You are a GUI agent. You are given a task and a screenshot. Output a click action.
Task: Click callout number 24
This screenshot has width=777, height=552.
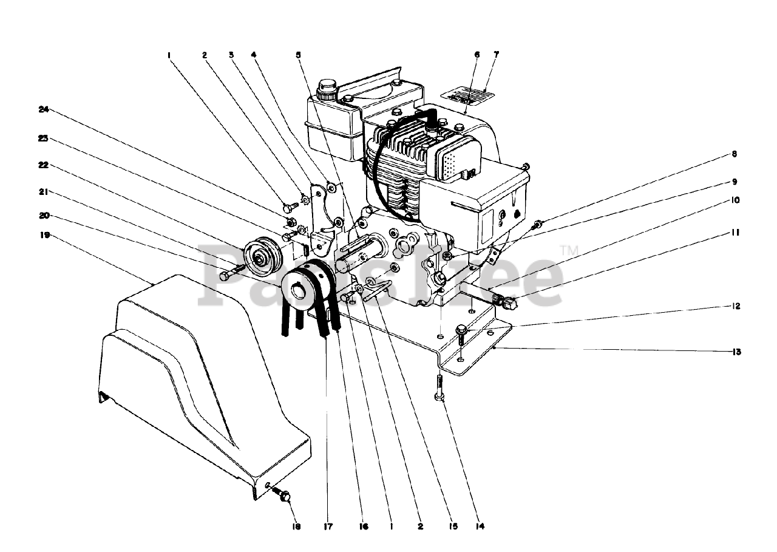tap(42, 110)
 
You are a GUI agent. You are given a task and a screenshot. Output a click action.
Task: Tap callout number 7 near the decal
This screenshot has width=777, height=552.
tap(496, 55)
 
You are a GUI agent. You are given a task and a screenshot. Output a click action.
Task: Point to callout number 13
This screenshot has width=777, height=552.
tap(736, 352)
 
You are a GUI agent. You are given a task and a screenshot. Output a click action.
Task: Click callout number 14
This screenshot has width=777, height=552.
tap(481, 526)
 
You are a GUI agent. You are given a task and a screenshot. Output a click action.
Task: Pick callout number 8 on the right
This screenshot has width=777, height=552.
tap(735, 154)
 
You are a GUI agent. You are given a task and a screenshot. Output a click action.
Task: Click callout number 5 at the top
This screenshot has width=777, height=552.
tap(298, 55)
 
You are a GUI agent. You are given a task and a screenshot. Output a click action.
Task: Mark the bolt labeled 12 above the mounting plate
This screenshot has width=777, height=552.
tap(461, 333)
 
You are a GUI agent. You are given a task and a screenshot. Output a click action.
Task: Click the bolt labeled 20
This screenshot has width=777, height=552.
tap(229, 271)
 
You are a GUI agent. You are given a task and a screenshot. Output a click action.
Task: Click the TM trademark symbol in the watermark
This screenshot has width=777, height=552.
tap(568, 250)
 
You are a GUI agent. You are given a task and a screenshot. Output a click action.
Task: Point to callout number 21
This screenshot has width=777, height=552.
tap(43, 193)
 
